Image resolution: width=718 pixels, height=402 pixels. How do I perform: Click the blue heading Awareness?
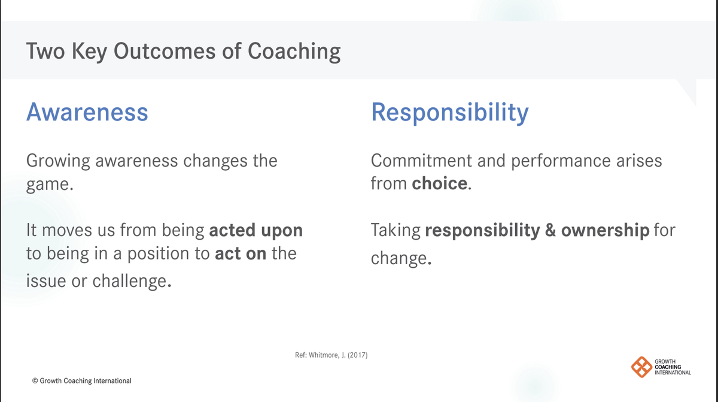pyautogui.click(x=87, y=111)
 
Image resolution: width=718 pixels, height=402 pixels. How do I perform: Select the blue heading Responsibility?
pyautogui.click(x=450, y=113)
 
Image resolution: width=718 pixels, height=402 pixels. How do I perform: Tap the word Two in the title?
pyautogui.click(x=45, y=51)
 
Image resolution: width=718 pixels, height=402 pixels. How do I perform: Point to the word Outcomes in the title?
pyautogui.click(x=165, y=51)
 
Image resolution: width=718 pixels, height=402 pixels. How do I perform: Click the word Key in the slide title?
pyautogui.click(x=89, y=52)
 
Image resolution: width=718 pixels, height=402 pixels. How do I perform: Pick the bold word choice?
pyautogui.click(x=439, y=183)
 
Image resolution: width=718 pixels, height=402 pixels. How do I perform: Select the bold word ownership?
pyautogui.click(x=605, y=230)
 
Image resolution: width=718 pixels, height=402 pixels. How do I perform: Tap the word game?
pyautogui.click(x=50, y=185)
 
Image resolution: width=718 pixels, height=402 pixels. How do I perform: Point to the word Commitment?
pyautogui.click(x=421, y=161)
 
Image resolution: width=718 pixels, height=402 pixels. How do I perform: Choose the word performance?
pyautogui.click(x=561, y=161)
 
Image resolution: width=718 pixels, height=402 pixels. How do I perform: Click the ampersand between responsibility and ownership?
pyautogui.click(x=550, y=230)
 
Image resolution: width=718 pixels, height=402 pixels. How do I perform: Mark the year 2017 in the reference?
pyautogui.click(x=358, y=355)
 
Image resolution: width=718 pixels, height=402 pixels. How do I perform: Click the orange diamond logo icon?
pyautogui.click(x=641, y=367)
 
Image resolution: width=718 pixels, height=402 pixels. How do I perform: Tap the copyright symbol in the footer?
pyautogui.click(x=35, y=381)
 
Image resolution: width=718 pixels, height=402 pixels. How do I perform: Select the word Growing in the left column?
pyautogui.click(x=58, y=161)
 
